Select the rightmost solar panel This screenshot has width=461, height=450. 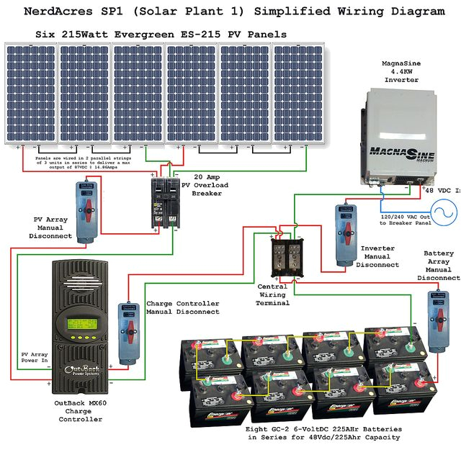298,94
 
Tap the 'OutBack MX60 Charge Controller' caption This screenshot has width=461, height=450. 80,410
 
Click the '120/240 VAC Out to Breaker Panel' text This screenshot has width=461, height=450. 406,219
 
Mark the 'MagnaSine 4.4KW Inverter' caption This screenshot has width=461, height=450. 401,72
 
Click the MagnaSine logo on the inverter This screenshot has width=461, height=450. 400,153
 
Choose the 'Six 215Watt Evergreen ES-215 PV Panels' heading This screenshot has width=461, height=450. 161,34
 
